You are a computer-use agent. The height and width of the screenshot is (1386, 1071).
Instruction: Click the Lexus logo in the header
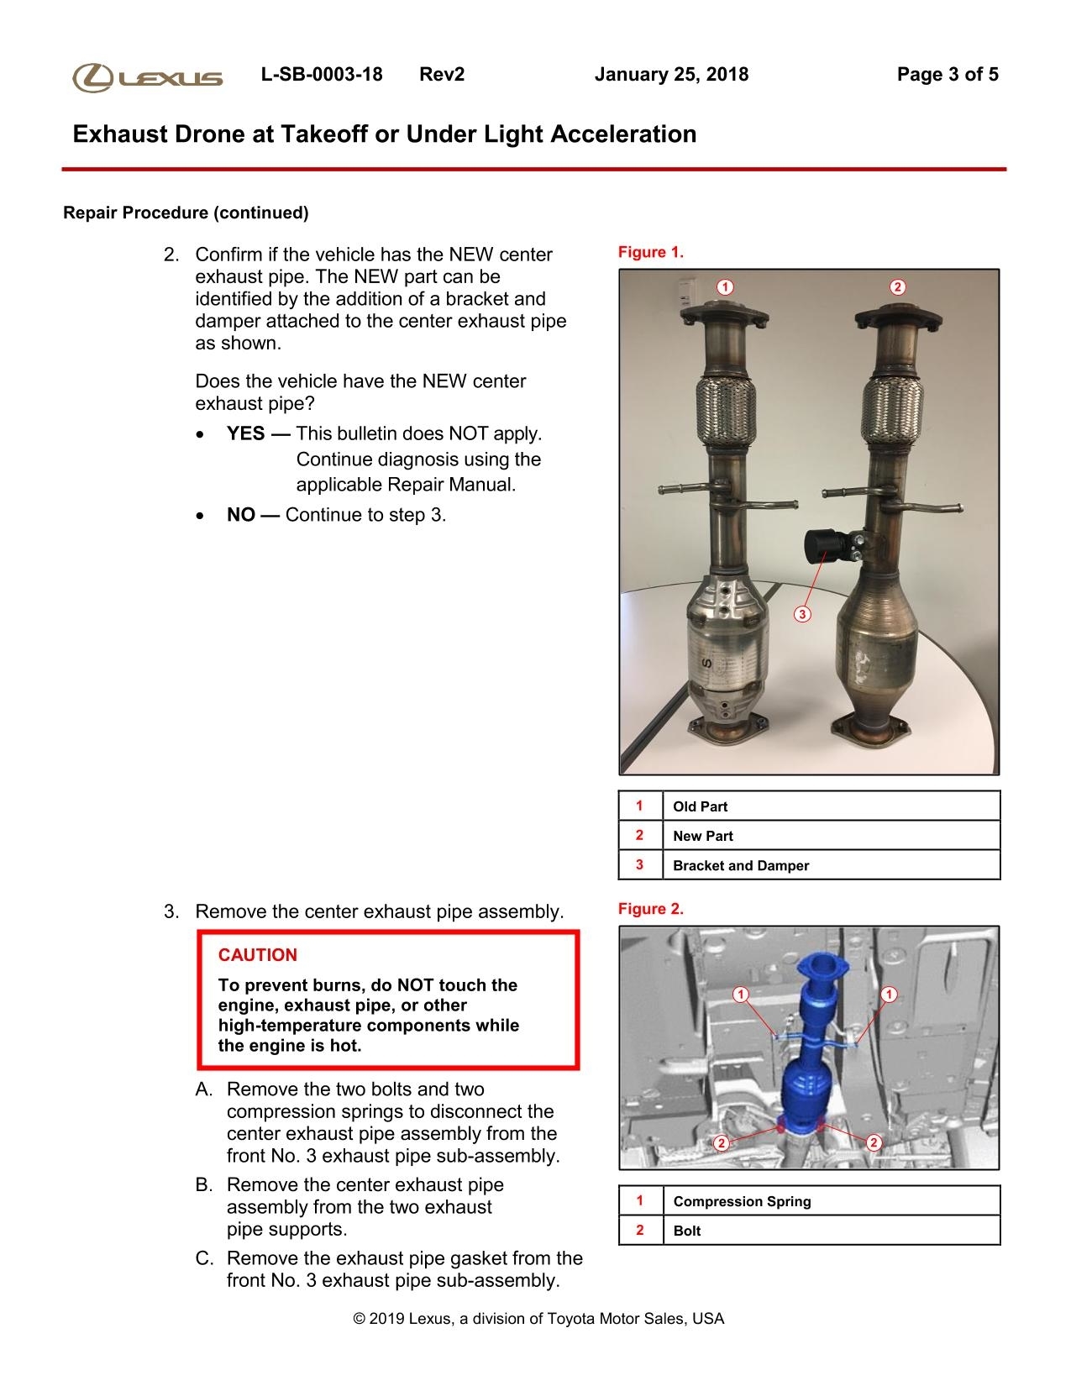pyautogui.click(x=148, y=77)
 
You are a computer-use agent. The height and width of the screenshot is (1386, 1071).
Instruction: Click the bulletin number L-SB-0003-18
pyautogui.click(x=322, y=75)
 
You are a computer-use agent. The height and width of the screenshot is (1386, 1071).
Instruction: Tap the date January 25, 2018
pyautogui.click(x=671, y=75)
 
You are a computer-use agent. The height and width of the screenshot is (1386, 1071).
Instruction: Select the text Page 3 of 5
pyautogui.click(x=948, y=75)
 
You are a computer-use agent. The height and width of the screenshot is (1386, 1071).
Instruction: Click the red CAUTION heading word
pyautogui.click(x=258, y=955)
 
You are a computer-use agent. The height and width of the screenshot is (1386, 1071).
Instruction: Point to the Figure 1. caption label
pyautogui.click(x=651, y=252)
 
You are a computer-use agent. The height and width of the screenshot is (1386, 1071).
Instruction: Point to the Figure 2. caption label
pyautogui.click(x=651, y=909)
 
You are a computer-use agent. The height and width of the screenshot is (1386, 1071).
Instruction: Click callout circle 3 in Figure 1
pyautogui.click(x=802, y=615)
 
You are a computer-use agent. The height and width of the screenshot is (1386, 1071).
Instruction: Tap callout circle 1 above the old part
pyautogui.click(x=724, y=287)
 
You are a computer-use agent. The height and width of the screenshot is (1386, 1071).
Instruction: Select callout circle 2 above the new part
pyautogui.click(x=897, y=287)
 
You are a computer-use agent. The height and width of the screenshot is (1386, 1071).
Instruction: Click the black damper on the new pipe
pyautogui.click(x=825, y=545)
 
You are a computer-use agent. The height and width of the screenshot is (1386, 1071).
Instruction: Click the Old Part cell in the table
pyautogui.click(x=701, y=806)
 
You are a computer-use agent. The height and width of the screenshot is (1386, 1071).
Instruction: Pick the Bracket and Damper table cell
pyautogui.click(x=741, y=865)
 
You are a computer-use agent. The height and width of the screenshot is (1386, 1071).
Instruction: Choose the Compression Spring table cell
pyautogui.click(x=743, y=1201)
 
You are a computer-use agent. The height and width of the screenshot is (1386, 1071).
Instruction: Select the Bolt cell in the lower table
pyautogui.click(x=687, y=1231)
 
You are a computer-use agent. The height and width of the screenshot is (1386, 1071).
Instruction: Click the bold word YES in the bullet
pyautogui.click(x=246, y=434)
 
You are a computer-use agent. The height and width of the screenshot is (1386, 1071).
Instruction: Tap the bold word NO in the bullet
pyautogui.click(x=241, y=515)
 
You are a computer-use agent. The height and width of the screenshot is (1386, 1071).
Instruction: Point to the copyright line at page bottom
pyautogui.click(x=538, y=1319)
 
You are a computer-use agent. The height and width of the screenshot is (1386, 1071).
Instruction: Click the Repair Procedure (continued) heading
pyautogui.click(x=186, y=213)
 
